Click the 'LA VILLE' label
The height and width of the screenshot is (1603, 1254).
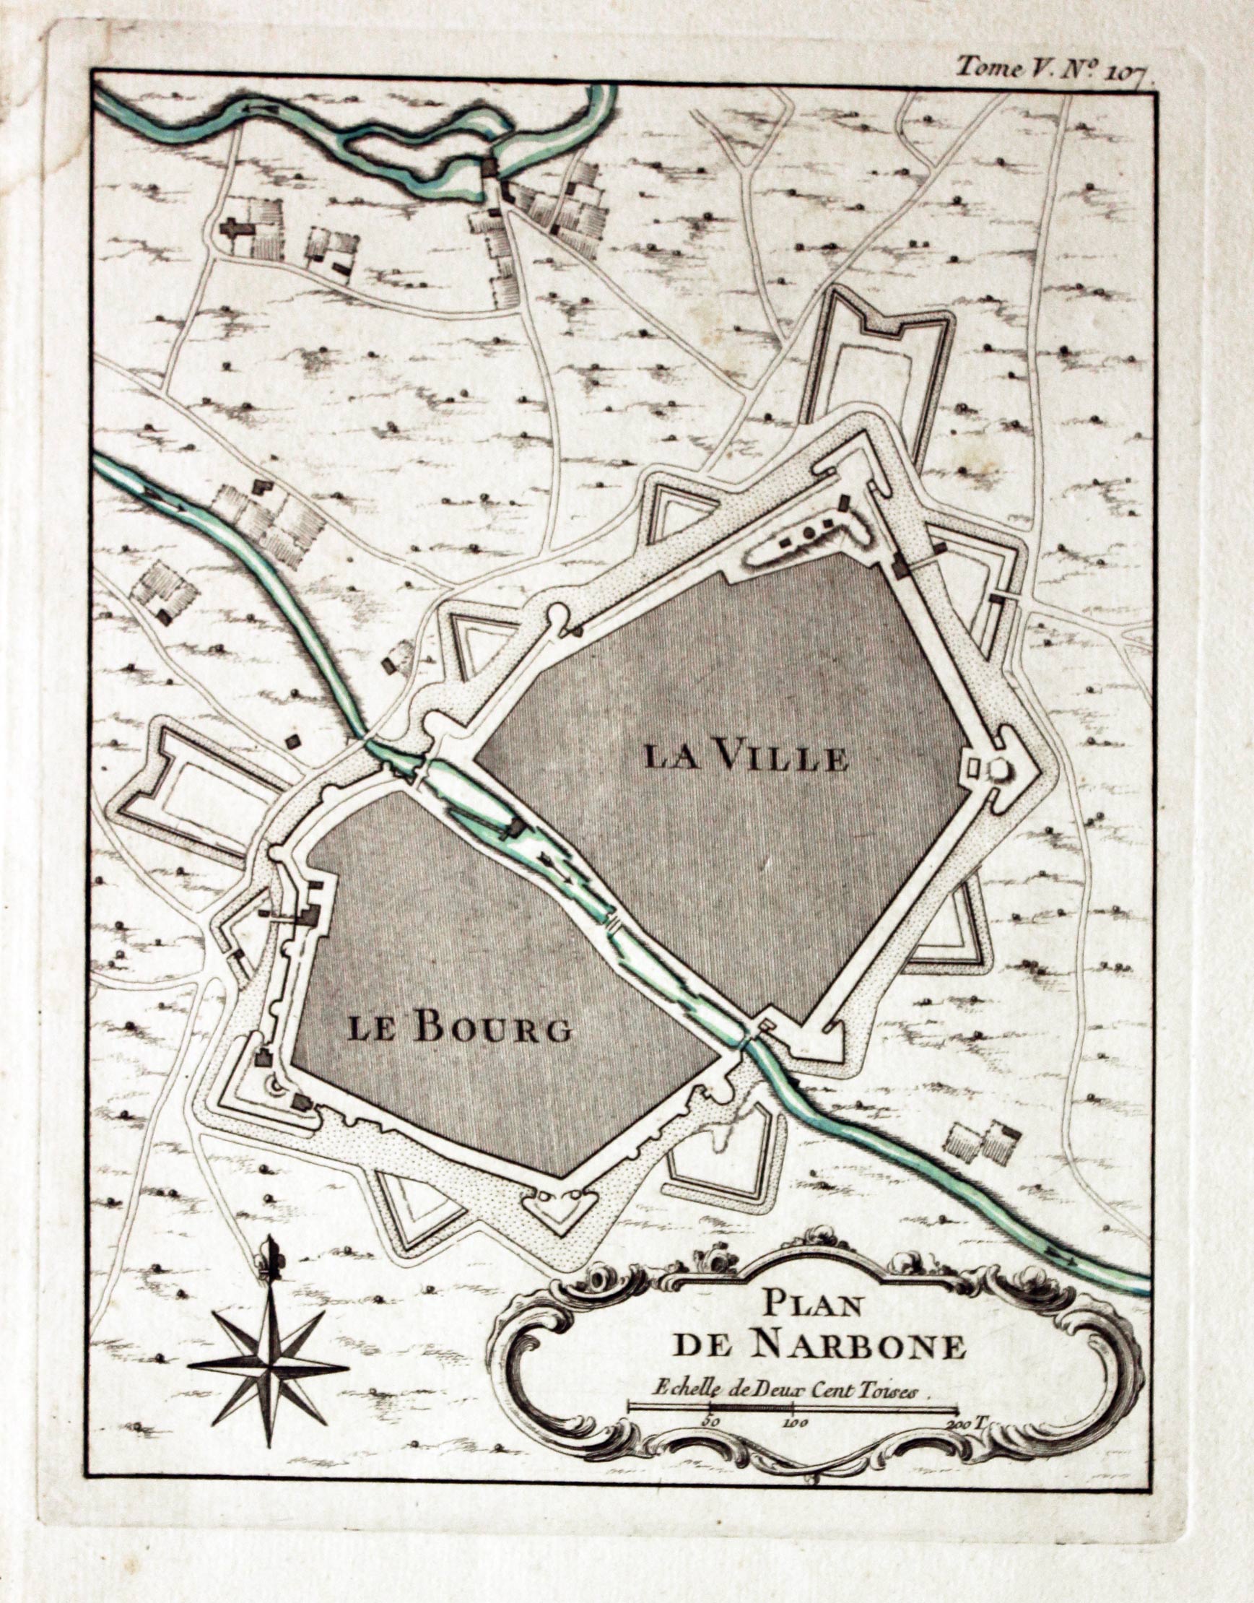coord(746,757)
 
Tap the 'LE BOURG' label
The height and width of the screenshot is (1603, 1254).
coord(459,1029)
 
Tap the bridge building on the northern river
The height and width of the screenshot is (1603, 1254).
coord(489,168)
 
